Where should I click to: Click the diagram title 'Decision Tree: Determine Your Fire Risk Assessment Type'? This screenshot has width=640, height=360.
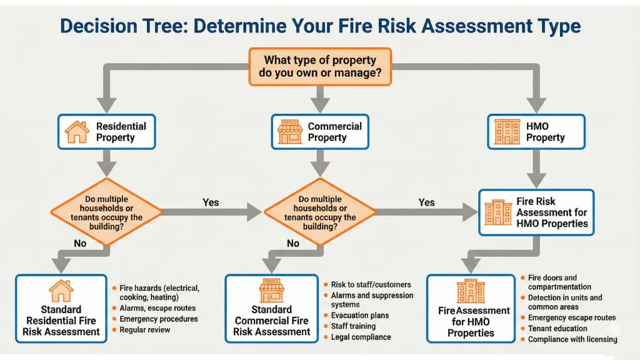(320, 26)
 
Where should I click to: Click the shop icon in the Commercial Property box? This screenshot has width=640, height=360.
(290, 132)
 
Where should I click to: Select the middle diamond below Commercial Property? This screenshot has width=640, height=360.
(320, 212)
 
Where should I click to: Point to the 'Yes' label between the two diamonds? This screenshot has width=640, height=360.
(211, 202)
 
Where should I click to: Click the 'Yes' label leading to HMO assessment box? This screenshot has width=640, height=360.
(426, 202)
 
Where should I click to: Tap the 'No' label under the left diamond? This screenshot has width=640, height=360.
(80, 244)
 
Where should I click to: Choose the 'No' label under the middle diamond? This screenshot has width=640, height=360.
(293, 244)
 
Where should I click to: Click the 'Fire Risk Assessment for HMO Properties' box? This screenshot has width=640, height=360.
(536, 212)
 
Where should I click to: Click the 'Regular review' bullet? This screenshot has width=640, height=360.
(144, 329)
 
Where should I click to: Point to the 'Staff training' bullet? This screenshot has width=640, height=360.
(353, 326)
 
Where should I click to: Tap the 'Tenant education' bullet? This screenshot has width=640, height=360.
(557, 328)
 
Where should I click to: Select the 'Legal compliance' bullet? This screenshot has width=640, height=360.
(361, 337)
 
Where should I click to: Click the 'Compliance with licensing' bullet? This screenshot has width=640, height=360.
(572, 339)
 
